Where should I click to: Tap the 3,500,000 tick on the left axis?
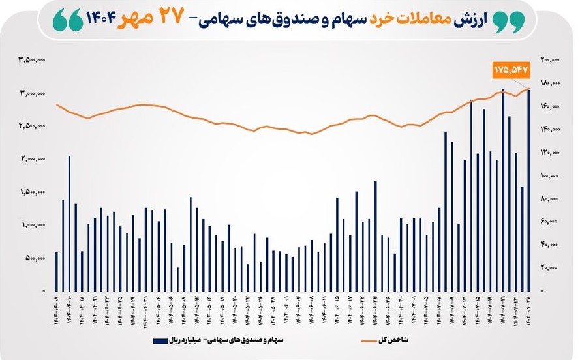(x=32, y=60)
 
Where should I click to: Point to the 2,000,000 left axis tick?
(x=32, y=159)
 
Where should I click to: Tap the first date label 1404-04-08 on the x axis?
(x=57, y=312)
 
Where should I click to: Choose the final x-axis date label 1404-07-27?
(x=529, y=312)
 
